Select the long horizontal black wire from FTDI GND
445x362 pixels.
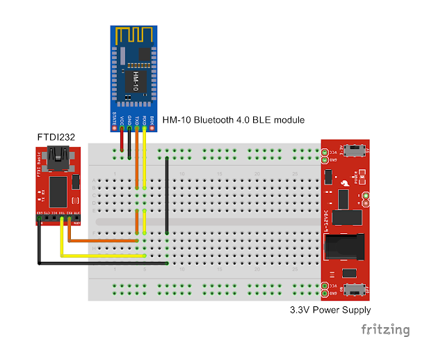pyautogui.click(x=104, y=263)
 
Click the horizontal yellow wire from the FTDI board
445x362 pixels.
pyautogui.click(x=104, y=255)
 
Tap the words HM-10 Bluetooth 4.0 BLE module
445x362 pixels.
pyautogui.click(x=233, y=120)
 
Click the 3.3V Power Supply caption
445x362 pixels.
pyautogui.click(x=330, y=310)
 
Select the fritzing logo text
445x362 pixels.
pyautogui.click(x=385, y=329)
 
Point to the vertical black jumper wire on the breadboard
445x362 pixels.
pyautogui.click(x=168, y=195)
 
